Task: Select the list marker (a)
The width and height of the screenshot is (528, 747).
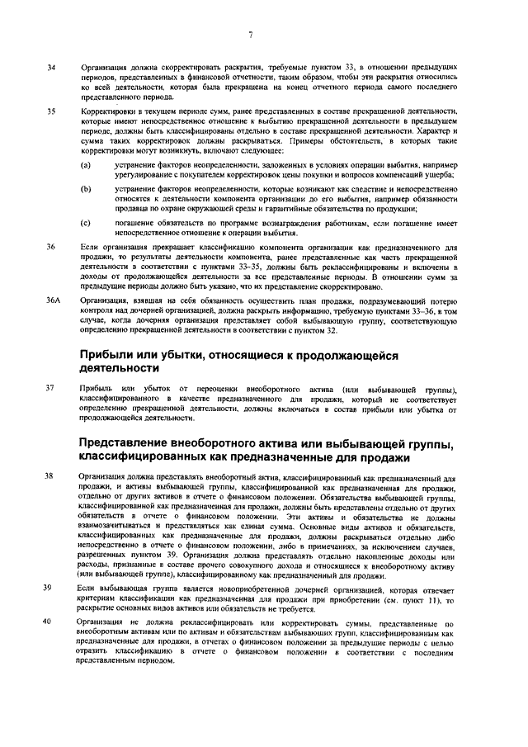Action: tap(86, 166)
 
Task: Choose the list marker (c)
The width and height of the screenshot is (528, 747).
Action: tap(86, 223)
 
